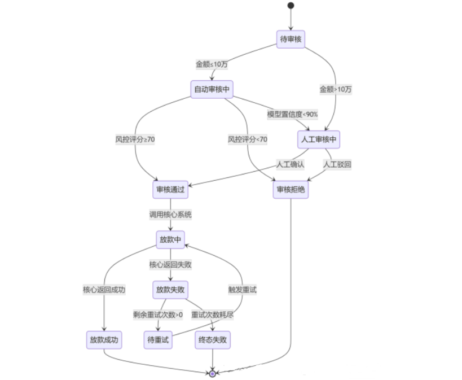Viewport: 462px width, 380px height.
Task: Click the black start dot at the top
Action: pos(291,6)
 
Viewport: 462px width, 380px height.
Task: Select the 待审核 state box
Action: pos(291,40)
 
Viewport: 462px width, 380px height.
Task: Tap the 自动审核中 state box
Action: pos(212,89)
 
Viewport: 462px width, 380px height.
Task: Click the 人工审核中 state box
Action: pos(319,139)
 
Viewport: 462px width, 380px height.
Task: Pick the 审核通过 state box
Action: pos(170,190)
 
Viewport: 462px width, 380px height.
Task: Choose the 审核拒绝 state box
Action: pos(291,190)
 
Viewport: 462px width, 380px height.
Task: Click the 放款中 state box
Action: pos(170,240)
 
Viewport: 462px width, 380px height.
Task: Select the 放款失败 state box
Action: pos(170,290)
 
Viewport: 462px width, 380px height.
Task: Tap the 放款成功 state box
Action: pos(104,340)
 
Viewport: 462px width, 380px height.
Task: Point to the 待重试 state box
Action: pos(158,340)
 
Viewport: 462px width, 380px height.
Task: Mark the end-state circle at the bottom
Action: pos(212,373)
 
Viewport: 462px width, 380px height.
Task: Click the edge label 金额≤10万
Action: pos(212,64)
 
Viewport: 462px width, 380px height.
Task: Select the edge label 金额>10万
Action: pos(336,89)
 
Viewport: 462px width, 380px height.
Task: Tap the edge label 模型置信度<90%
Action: pos(292,114)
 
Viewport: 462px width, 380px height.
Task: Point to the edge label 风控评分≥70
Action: pos(135,139)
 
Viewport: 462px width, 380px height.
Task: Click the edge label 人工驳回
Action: pos(337,164)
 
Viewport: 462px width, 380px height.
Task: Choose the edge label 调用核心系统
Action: pos(170,215)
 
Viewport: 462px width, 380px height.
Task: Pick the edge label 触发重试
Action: pos(243,290)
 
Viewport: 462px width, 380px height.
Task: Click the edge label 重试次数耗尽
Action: pos(212,315)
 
